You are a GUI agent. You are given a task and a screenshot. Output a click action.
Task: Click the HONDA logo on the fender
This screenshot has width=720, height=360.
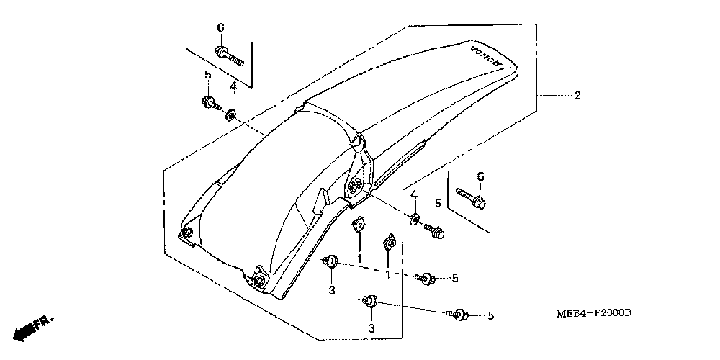pyautogui.click(x=485, y=57)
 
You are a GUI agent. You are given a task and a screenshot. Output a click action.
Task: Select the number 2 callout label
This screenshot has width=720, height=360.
pyautogui.click(x=577, y=96)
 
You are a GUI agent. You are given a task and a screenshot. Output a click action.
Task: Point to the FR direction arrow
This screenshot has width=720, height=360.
pyautogui.click(x=32, y=328)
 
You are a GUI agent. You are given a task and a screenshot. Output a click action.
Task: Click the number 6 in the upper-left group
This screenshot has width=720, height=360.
pyautogui.click(x=221, y=27)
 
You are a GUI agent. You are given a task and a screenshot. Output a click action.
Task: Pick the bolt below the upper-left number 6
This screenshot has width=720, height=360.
pyautogui.click(x=228, y=53)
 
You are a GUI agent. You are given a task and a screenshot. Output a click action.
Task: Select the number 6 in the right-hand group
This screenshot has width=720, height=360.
pyautogui.click(x=480, y=176)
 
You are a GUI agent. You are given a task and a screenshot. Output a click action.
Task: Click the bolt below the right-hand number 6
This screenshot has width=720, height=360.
pyautogui.click(x=471, y=197)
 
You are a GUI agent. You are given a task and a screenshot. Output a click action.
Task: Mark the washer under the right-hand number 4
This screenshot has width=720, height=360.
pyautogui.click(x=415, y=217)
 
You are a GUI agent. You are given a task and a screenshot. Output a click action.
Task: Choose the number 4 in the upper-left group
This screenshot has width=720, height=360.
pyautogui.click(x=233, y=87)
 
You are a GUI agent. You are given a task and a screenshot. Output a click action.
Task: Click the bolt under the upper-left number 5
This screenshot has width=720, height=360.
pyautogui.click(x=210, y=103)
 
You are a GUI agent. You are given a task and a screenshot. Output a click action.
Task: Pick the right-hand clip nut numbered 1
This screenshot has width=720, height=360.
pyautogui.click(x=387, y=245)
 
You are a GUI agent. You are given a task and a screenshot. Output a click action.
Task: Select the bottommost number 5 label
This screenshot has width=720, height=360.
pyautogui.click(x=490, y=315)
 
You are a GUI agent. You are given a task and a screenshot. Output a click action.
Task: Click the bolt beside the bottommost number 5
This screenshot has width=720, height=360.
pyautogui.click(x=459, y=314)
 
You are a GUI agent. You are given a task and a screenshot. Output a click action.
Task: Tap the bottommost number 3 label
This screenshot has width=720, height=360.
pyautogui.click(x=371, y=329)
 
